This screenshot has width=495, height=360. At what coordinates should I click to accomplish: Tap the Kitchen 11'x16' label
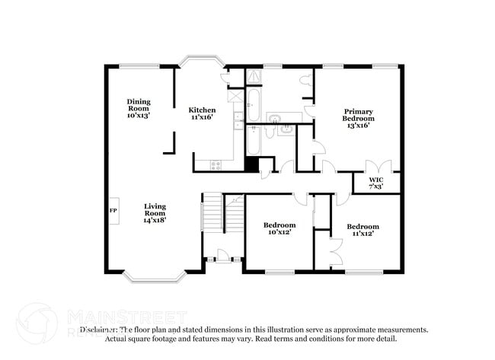coord(202,114)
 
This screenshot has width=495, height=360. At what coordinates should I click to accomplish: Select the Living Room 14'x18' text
coord(155,213)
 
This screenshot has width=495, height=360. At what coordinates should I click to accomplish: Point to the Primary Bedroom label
coord(357,118)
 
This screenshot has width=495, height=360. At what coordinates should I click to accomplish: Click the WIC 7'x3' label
coord(375,183)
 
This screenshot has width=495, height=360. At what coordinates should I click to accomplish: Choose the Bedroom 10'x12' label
coord(279,229)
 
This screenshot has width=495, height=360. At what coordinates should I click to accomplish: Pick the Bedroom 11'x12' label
coord(362,230)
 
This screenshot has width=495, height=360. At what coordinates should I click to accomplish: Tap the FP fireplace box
coord(113,210)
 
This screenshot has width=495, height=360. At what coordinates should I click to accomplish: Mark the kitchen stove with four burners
coord(216,164)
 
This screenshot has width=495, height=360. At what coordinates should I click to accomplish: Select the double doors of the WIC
coord(378,168)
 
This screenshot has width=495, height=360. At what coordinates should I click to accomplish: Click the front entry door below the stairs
coord(222,255)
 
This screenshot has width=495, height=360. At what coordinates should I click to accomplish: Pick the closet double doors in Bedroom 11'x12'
coord(334,250)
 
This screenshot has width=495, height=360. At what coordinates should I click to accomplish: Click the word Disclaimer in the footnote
coord(102,330)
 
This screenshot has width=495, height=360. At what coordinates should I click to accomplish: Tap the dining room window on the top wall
coord(139,66)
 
